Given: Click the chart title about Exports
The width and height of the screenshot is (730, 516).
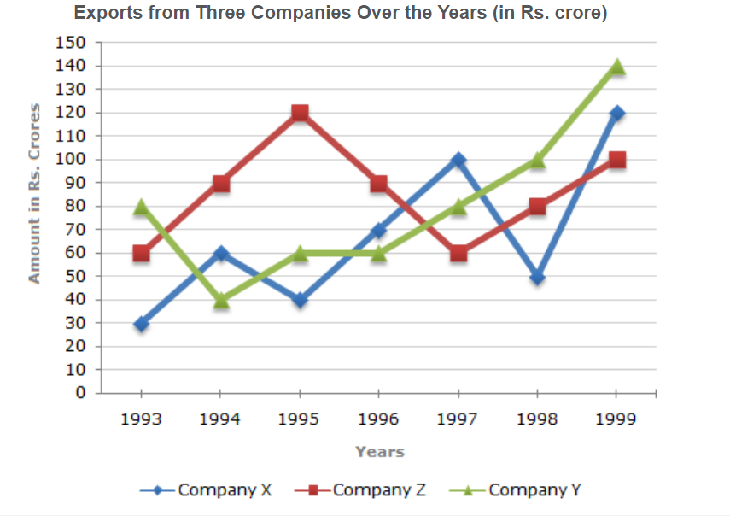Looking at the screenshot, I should tap(341, 15).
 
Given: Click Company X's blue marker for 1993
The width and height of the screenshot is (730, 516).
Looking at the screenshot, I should tap(141, 324).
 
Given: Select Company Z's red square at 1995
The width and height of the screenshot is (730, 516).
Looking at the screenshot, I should tap(300, 114).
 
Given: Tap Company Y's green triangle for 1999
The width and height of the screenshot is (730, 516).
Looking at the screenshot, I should tap(617, 67).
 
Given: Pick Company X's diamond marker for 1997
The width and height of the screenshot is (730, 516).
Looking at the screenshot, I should tap(458, 160).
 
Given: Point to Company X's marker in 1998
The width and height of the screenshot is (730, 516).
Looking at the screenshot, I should tap(538, 277).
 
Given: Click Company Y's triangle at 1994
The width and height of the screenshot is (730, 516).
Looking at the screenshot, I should tap(220, 300).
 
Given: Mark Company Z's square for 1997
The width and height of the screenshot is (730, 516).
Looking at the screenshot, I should tap(458, 254).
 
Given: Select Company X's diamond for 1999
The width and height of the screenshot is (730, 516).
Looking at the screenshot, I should tap(617, 114).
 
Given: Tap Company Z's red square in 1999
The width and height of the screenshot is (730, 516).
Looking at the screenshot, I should tap(617, 160).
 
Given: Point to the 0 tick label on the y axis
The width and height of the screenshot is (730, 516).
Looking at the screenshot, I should tap(81, 394).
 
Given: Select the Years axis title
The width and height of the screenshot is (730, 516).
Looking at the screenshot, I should tap(380, 452).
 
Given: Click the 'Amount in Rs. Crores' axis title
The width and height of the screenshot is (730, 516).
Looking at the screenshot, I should tap(35, 193).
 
